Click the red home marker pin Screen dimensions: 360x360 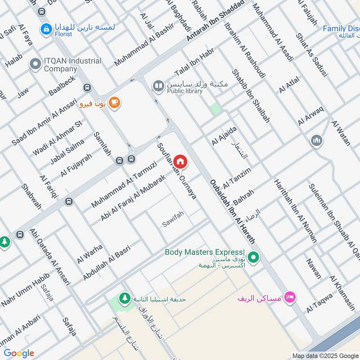[180, 161]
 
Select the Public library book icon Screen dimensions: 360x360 [158, 85]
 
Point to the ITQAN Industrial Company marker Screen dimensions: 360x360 [35, 64]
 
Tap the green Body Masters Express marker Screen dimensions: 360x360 [254, 257]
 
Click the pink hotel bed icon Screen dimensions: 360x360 [291, 297]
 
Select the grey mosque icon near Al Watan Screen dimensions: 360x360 [316, 141]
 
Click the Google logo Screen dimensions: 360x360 [19, 353]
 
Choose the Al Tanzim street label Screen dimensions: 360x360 [236, 177]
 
